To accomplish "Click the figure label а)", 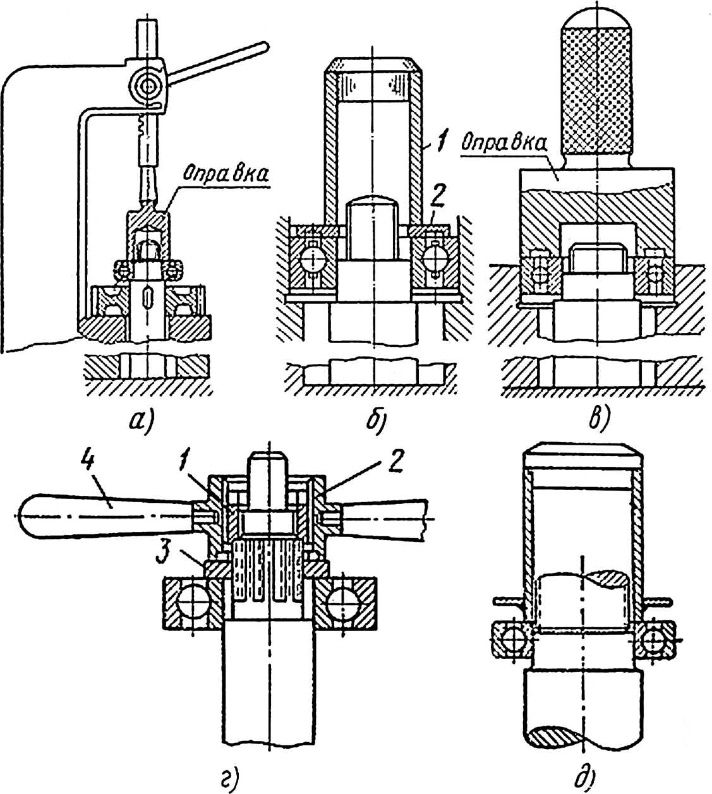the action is pos(140,421).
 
